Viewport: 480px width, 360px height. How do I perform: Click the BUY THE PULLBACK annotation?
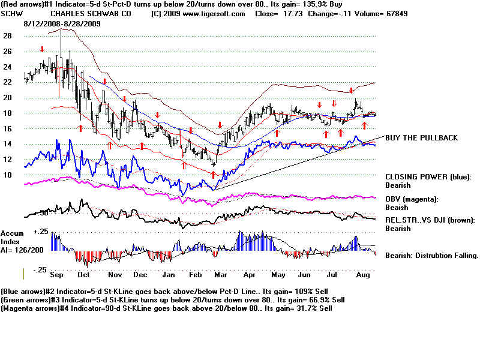[421, 138]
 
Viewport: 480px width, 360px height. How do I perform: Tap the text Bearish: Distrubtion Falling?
[431, 256]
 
